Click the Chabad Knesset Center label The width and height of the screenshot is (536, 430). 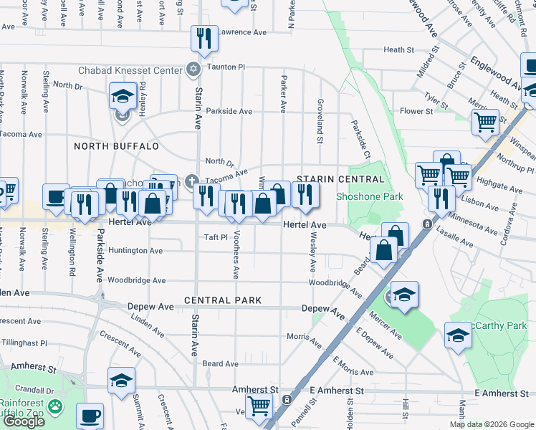tap(141, 70)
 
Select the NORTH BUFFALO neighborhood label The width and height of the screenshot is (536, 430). tap(116, 146)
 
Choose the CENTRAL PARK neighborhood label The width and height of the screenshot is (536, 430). tap(222, 300)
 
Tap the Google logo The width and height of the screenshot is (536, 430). tap(24, 421)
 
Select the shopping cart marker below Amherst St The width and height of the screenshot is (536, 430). tap(259, 406)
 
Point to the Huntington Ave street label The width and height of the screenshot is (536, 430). tap(136, 251)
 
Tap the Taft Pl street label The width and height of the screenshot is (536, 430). tap(215, 237)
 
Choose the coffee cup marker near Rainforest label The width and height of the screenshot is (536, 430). tap(90, 415)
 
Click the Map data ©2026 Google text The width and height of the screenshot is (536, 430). tap(492, 424)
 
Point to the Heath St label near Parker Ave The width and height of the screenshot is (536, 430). tap(399, 50)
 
